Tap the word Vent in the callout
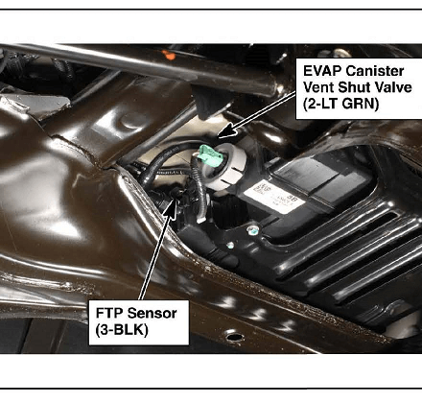pyautogui.click(x=318, y=87)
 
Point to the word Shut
pyautogui.click(x=354, y=87)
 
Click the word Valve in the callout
pyautogui.click(x=393, y=87)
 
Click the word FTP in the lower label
pyautogui.click(x=109, y=313)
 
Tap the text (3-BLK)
pyautogui.click(x=122, y=330)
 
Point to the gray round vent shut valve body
pyautogui.click(x=227, y=166)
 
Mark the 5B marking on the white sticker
pyautogui.click(x=291, y=199)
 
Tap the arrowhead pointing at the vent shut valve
pyautogui.click(x=227, y=131)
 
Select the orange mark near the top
pyautogui.click(x=170, y=55)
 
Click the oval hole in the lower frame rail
pyautogui.click(x=234, y=337)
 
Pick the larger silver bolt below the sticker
pyautogui.click(x=252, y=229)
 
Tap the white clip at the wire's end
pyautogui.click(x=200, y=219)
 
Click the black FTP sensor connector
pyautogui.click(x=176, y=194)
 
